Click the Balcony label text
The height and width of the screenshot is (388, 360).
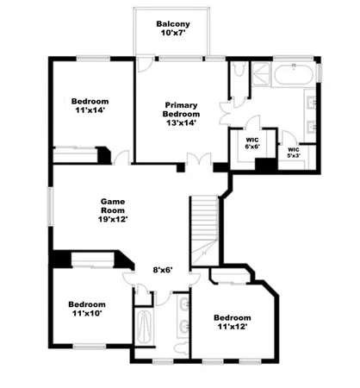(171, 23)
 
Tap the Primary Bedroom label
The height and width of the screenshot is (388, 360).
(182, 110)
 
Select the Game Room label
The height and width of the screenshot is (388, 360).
(114, 203)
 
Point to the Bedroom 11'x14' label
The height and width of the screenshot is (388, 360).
(87, 105)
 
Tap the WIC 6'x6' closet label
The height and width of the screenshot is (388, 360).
(252, 142)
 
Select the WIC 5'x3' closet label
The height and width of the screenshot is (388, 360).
(294, 153)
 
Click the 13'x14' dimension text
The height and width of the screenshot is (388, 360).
(182, 123)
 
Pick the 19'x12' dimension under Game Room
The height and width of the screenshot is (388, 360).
(113, 219)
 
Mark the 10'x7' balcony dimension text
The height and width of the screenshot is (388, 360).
(171, 34)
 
